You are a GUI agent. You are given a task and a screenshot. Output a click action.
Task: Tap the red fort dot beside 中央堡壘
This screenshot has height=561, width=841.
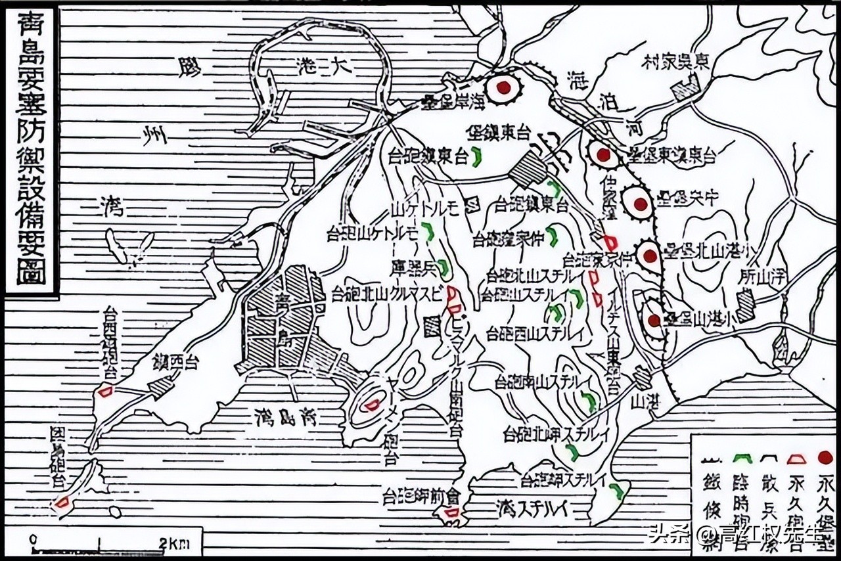pyautogui.click(x=639, y=204)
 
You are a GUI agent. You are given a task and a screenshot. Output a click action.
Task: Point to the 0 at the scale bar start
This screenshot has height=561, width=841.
pyautogui.click(x=32, y=539)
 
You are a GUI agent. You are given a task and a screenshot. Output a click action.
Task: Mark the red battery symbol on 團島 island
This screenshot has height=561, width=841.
pyautogui.click(x=62, y=503)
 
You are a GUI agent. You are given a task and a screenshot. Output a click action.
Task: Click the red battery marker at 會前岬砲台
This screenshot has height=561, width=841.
pyautogui.click(x=452, y=512)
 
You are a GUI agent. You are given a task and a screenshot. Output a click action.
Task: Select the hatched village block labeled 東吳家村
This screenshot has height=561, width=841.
pyautogui.click(x=687, y=88)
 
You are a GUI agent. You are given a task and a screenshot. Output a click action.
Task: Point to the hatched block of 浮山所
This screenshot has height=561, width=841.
pyautogui.click(x=746, y=305)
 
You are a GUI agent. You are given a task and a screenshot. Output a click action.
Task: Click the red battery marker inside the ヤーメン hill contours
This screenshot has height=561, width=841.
pyautogui.click(x=373, y=405)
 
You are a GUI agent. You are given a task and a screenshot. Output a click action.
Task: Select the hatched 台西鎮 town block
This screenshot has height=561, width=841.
pyautogui.click(x=160, y=387)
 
